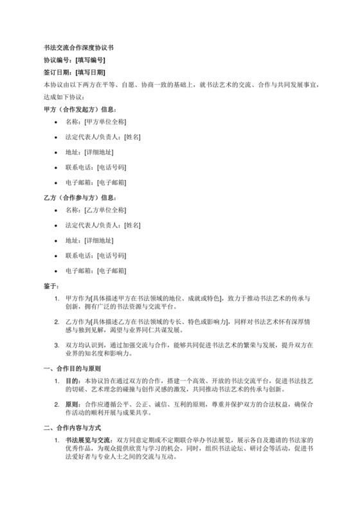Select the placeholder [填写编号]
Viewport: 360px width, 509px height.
click(x=91, y=60)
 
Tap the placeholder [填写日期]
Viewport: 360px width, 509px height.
click(x=91, y=72)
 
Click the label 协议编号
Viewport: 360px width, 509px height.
click(x=57, y=60)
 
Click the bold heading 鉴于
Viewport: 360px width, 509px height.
click(x=50, y=285)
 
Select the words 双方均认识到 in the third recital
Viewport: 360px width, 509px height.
click(x=87, y=344)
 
